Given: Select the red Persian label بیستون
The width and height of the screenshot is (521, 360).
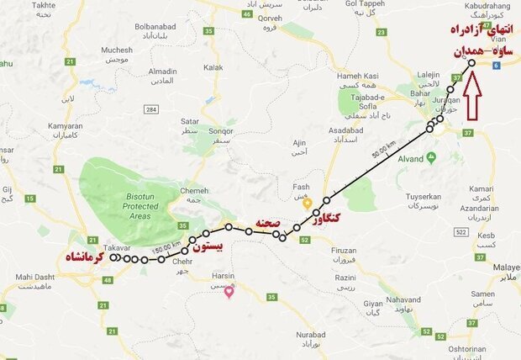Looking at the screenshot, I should click(210, 248).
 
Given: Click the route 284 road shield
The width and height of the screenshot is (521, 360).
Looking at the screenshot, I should click(151, 110).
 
